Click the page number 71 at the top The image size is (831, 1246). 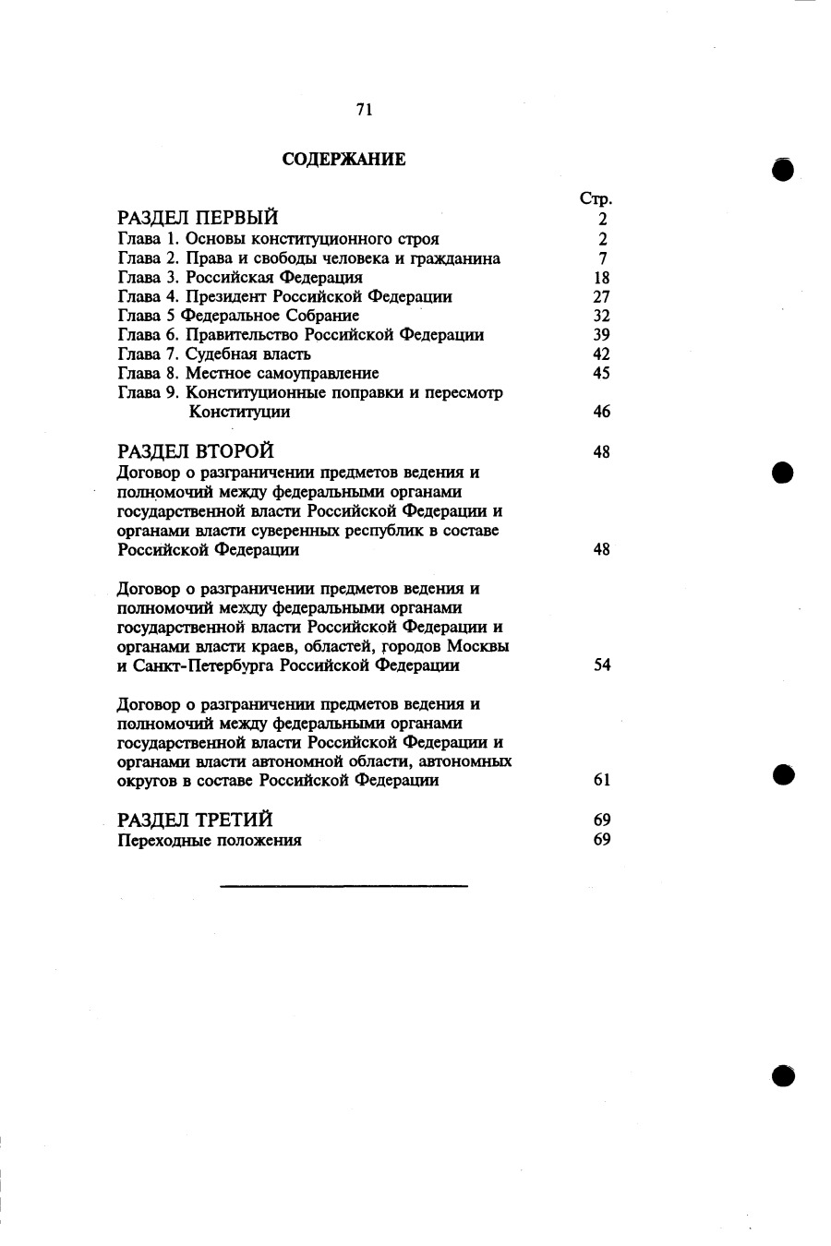pos(364,109)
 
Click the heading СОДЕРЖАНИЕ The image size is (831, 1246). pos(343,160)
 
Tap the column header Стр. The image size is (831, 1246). pos(596,198)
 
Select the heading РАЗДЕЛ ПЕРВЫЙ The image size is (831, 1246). pos(199,219)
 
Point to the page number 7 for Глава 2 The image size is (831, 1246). pos(602,258)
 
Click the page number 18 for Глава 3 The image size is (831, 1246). pos(601,278)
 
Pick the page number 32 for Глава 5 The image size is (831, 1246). pos(601,316)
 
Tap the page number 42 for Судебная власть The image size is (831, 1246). pos(601,354)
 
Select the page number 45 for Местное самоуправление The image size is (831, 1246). pos(601,374)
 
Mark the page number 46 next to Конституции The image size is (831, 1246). pos(601,412)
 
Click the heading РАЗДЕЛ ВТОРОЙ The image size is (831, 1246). pos(197,451)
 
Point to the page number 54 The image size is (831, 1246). pos(602,665)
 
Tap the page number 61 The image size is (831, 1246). pos(602,780)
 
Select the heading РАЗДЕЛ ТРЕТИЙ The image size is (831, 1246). pos(196,820)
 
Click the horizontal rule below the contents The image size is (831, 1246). pos(343,886)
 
